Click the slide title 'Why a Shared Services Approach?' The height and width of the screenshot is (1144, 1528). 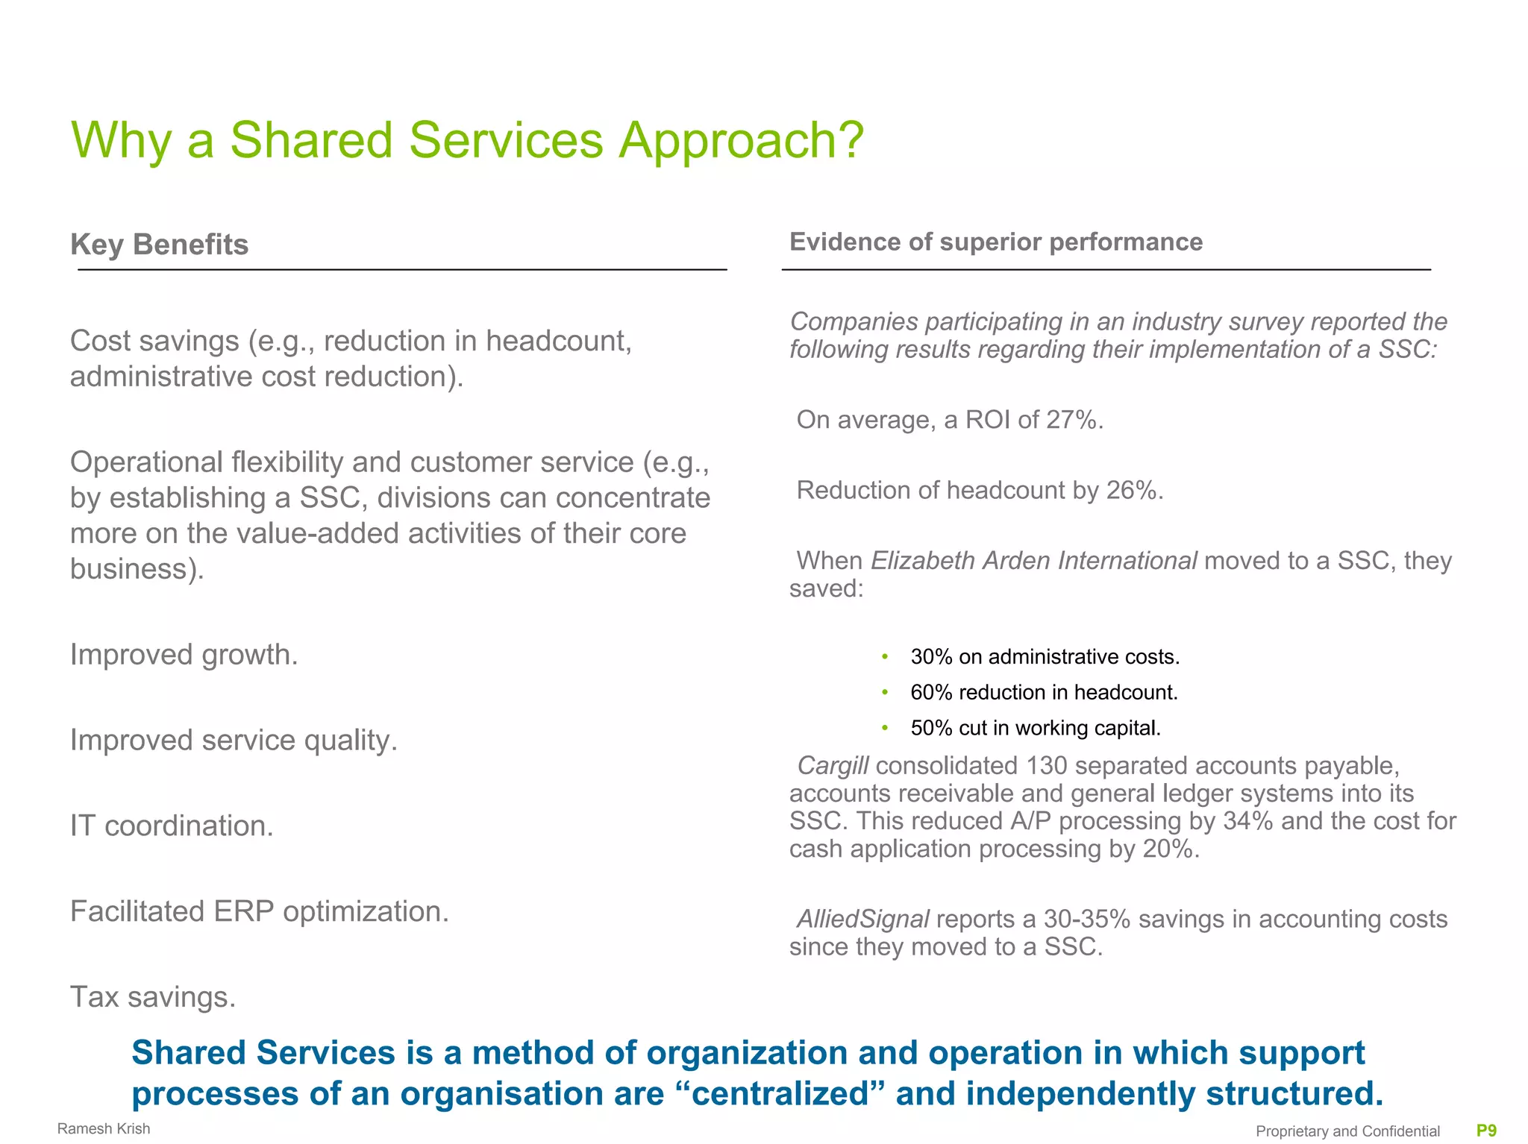click(x=467, y=140)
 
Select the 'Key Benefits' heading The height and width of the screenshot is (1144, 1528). click(x=159, y=245)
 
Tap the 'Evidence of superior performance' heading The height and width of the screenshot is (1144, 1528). click(x=995, y=242)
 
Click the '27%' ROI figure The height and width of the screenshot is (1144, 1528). click(x=1074, y=420)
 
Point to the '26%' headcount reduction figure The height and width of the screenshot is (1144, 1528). click(x=1134, y=490)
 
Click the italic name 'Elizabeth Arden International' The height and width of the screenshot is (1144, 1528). click(x=1033, y=560)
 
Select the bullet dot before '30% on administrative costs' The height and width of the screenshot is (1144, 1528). click(x=885, y=656)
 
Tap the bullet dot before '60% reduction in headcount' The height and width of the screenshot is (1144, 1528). click(x=885, y=692)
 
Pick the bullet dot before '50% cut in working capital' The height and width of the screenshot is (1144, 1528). click(x=885, y=728)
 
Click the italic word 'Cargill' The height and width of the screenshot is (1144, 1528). click(x=833, y=765)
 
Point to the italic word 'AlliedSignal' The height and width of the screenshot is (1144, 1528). click(x=862, y=919)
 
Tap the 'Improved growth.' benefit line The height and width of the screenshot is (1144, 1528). click(x=184, y=655)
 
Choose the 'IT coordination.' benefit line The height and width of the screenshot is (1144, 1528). click(x=172, y=826)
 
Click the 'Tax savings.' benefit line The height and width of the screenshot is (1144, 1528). click(x=153, y=997)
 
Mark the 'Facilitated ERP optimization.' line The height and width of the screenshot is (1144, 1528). click(x=260, y=911)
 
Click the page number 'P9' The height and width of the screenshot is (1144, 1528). click(x=1486, y=1131)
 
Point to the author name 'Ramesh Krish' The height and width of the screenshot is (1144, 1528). click(x=104, y=1129)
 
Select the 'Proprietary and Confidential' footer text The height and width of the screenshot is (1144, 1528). click(x=1347, y=1131)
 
